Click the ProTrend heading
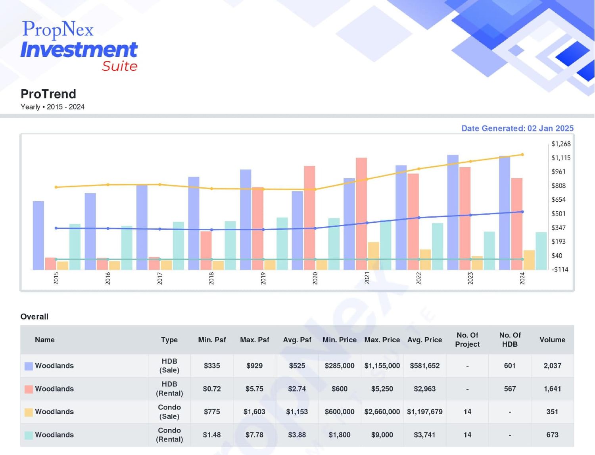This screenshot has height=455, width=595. (48, 94)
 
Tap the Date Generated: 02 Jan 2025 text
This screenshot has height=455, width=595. (518, 128)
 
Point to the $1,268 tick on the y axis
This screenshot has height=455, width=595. (561, 144)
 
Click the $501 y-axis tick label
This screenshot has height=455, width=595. (559, 214)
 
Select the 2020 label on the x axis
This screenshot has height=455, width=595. (315, 278)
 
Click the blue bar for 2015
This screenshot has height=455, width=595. (38, 235)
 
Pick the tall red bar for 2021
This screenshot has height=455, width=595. (361, 214)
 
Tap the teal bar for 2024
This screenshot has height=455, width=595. (541, 251)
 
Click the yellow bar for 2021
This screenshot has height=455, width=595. (374, 256)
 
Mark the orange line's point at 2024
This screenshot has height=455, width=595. (522, 155)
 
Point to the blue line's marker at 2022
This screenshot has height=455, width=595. (419, 218)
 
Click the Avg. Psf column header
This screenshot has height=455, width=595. (297, 340)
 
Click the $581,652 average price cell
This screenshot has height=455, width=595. (425, 366)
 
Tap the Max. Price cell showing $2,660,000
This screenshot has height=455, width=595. (382, 412)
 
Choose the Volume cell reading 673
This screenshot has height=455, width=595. (553, 435)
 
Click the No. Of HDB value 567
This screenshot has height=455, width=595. (510, 389)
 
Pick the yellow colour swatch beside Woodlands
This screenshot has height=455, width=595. (29, 412)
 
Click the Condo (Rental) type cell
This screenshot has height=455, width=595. (169, 435)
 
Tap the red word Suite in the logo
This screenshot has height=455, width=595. (120, 66)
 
